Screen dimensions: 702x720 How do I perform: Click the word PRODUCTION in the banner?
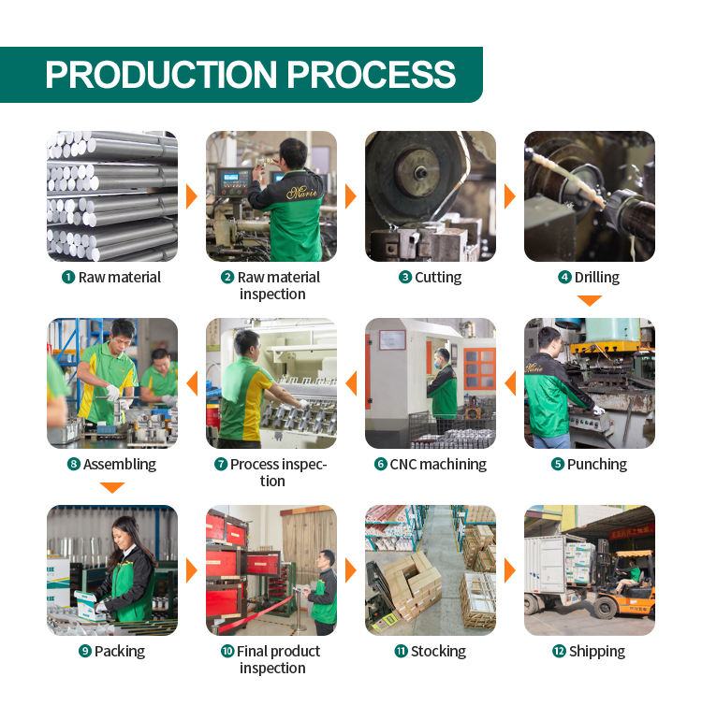[161, 75]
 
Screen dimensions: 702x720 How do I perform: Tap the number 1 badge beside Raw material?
[68, 278]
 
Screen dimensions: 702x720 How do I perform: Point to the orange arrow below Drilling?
[590, 301]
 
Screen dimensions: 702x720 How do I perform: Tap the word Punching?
[597, 464]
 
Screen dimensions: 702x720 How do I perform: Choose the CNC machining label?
[438, 464]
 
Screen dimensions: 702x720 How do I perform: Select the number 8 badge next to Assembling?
[74, 464]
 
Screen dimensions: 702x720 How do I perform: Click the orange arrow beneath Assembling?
[112, 488]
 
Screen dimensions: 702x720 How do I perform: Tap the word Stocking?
[438, 652]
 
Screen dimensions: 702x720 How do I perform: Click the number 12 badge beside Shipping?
[559, 651]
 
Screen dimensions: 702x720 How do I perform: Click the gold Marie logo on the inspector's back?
[301, 193]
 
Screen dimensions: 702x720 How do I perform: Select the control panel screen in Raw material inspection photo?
[230, 177]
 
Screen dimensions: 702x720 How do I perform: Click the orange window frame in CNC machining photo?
[479, 368]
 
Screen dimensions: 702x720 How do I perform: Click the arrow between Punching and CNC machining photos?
[510, 383]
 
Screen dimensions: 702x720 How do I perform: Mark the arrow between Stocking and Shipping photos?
[510, 570]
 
